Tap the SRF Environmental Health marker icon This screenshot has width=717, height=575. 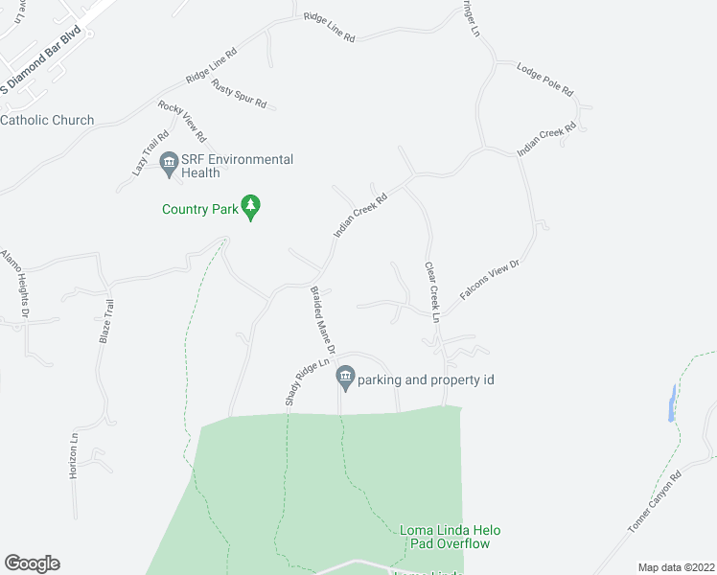(x=170, y=165)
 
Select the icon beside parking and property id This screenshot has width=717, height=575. (x=345, y=379)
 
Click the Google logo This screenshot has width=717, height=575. (x=32, y=563)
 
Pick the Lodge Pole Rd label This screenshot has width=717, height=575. (x=544, y=80)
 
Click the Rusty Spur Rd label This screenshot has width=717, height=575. (x=239, y=94)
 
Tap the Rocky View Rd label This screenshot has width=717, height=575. (x=182, y=122)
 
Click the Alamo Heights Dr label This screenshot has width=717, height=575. (x=15, y=284)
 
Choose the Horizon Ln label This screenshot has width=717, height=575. (x=74, y=448)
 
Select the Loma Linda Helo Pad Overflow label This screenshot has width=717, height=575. (x=450, y=537)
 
